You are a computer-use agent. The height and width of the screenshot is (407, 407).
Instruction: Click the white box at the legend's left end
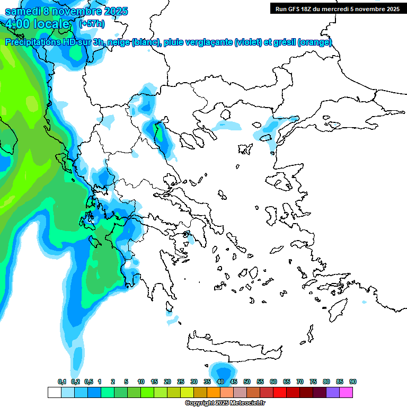(54, 392)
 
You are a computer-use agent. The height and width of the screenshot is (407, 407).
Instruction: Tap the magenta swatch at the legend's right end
(346, 392)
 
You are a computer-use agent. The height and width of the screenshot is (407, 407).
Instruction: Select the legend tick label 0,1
(62, 382)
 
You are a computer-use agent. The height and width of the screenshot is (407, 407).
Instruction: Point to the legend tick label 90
(353, 382)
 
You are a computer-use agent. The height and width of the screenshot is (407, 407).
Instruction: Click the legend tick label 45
(234, 382)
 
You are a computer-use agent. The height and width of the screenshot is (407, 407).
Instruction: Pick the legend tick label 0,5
(88, 382)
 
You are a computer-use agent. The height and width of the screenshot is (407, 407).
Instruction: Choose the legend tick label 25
(181, 382)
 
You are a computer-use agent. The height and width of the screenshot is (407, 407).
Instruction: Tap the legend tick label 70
(300, 382)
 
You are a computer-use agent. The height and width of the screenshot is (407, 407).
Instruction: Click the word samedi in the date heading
(22, 11)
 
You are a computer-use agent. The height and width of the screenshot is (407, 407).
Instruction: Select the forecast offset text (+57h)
(92, 24)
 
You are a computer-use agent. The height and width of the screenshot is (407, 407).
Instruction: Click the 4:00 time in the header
(17, 24)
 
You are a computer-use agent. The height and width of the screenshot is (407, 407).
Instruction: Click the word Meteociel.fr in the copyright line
(245, 403)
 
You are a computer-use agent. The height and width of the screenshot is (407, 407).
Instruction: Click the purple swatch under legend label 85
(333, 392)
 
